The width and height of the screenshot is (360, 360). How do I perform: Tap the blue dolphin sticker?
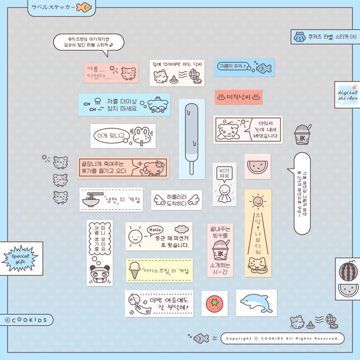(256, 302)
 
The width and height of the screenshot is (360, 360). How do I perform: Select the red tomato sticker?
(214, 303)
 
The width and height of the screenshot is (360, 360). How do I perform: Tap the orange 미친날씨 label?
(238, 96)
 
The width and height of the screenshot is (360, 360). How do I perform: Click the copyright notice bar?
(282, 338)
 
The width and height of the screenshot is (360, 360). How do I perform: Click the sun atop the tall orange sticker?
(257, 200)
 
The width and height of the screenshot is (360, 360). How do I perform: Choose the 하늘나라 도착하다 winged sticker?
(172, 200)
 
